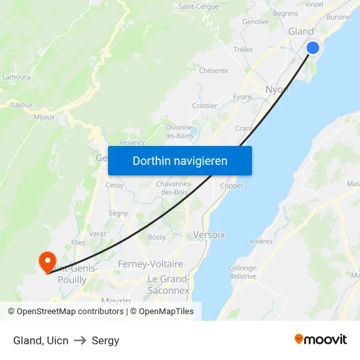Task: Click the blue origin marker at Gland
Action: tap(313, 48)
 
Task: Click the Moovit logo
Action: tap(320, 339)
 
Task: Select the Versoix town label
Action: tap(209, 234)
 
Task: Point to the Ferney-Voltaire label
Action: tap(151, 264)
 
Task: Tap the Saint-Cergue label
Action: tap(198, 7)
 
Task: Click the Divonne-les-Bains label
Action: tap(179, 132)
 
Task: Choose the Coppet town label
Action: tap(232, 186)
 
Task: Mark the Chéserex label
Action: tap(213, 70)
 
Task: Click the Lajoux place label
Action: tap(22, 104)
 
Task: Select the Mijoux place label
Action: tap(44, 117)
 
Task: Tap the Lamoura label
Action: tap(16, 77)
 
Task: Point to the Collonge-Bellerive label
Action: tap(242, 272)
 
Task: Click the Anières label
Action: tap(261, 242)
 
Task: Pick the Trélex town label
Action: tap(243, 50)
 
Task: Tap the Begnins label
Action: tap(285, 13)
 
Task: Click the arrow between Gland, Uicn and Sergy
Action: tap(80, 340)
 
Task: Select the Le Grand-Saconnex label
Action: tap(169, 285)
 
